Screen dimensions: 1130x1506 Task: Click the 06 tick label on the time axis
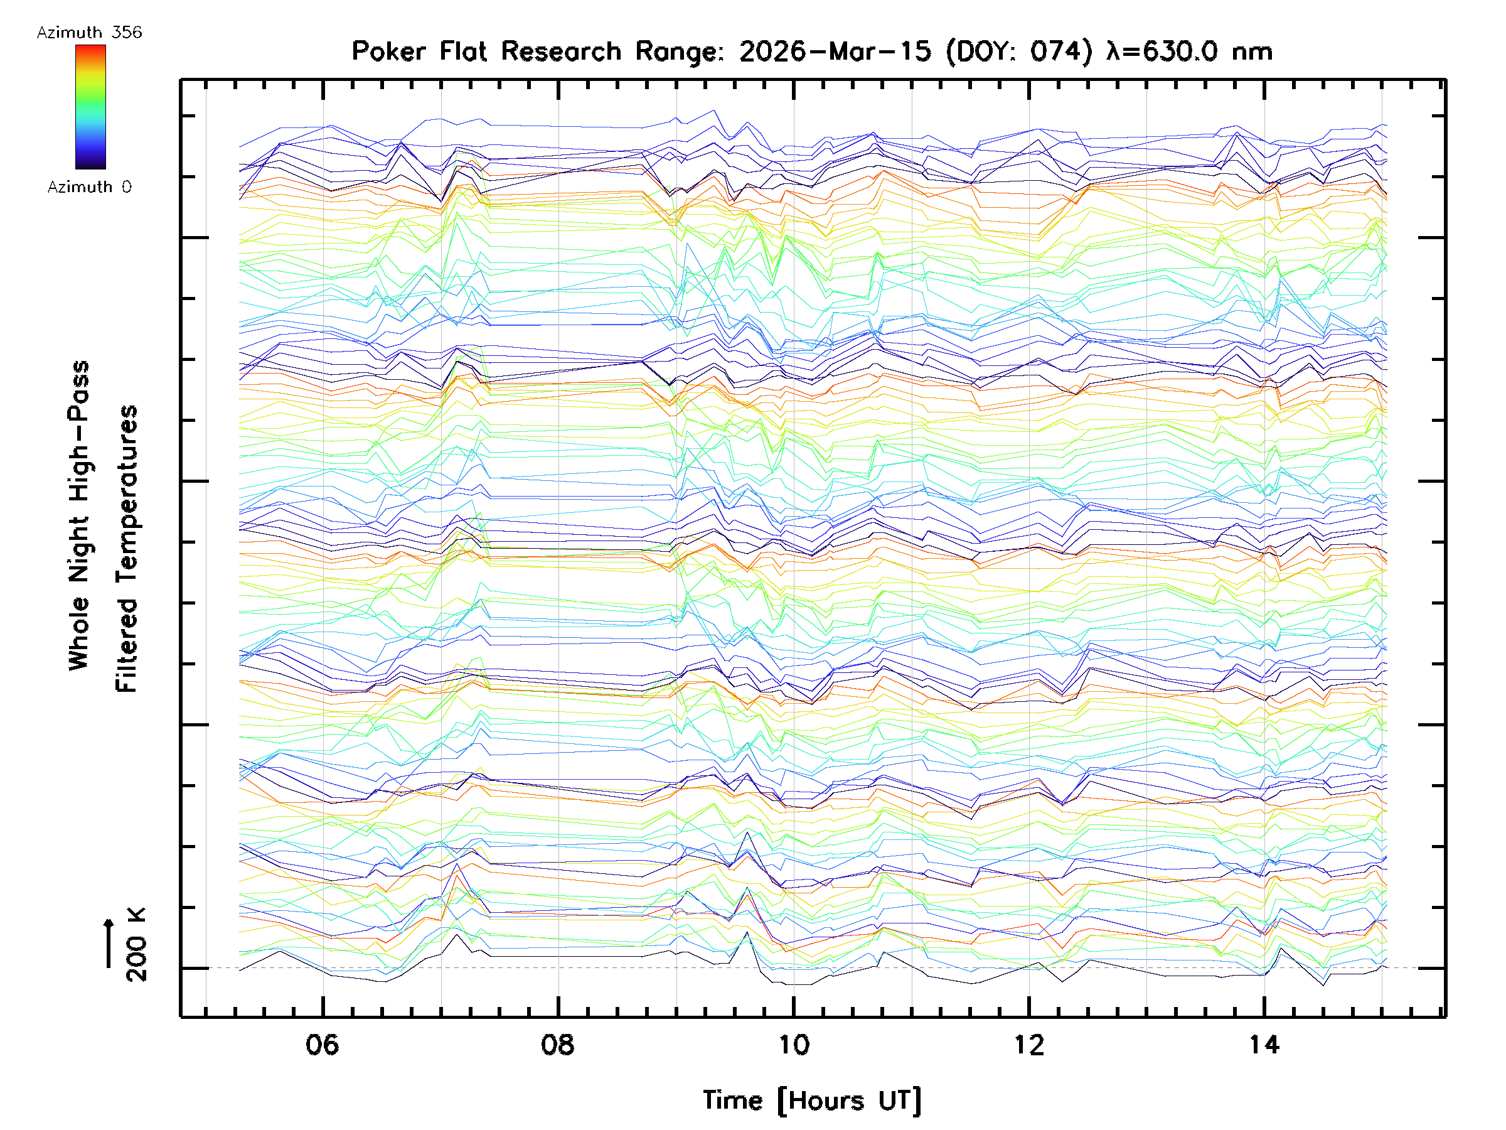(322, 1044)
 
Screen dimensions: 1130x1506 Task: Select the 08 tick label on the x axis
(558, 1044)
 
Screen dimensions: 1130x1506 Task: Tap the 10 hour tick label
(793, 1044)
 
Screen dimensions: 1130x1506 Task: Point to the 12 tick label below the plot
(1028, 1044)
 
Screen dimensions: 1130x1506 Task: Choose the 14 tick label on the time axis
(1264, 1044)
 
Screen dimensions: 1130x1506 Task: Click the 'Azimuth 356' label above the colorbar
(89, 33)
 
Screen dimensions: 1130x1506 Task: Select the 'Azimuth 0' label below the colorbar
(89, 186)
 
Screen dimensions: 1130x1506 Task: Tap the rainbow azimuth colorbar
(90, 107)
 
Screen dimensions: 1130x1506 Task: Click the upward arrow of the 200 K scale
(109, 943)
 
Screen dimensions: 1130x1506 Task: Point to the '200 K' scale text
(137, 945)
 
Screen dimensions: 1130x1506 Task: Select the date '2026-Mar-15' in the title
(835, 51)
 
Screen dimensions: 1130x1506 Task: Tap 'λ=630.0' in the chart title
(1162, 51)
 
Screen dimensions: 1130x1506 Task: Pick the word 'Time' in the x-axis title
(732, 1100)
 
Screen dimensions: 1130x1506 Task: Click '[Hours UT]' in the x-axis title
(849, 1100)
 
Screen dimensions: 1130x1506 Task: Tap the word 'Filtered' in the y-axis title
(127, 645)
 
